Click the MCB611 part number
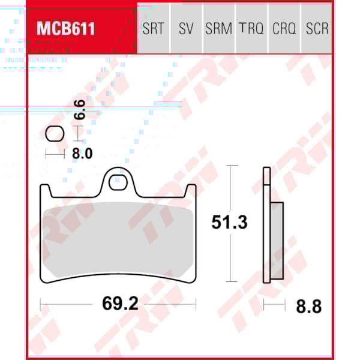coord(66,28)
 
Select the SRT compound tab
coord(153,28)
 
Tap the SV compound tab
coord(186,28)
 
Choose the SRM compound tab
coord(218,28)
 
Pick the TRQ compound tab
coord(251,28)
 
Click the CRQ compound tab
coord(284,28)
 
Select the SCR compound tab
coord(317,28)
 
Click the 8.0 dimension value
coord(82,154)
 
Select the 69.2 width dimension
coord(120,304)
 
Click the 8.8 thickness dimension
coord(308,307)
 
